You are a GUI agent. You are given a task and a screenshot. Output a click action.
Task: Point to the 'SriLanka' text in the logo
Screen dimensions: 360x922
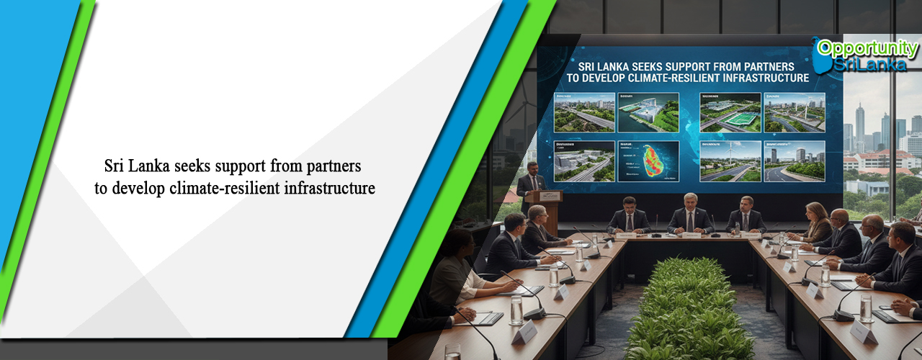point(871,64)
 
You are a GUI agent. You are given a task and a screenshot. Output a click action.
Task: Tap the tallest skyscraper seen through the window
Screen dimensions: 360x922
point(860,126)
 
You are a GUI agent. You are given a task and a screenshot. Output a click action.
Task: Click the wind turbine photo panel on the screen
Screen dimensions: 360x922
point(730,160)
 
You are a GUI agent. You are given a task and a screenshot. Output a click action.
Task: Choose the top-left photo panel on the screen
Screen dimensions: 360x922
point(584,112)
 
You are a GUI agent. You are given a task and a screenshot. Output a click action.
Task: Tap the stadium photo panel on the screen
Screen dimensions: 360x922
point(730,112)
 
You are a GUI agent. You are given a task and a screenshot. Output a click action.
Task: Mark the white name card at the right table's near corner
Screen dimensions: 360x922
point(862,333)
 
